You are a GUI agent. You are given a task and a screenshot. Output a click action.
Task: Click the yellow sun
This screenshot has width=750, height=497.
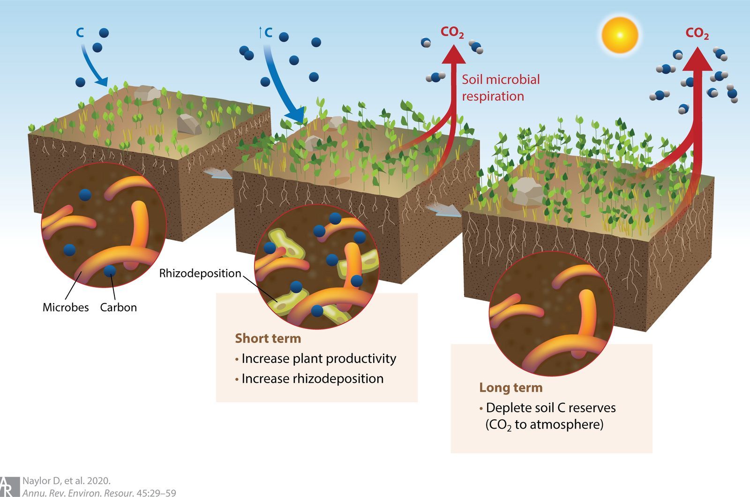tap(620, 35)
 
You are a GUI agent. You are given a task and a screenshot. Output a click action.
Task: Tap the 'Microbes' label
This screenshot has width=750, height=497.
tap(65, 307)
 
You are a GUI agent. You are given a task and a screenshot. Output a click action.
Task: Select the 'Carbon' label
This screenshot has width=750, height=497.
tap(118, 307)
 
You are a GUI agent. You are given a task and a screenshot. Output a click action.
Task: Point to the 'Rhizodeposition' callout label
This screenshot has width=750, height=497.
tap(200, 273)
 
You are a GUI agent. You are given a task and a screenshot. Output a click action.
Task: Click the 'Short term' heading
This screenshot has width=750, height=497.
tap(268, 338)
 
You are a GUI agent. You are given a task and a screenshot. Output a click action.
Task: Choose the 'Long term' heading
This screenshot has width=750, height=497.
tap(510, 387)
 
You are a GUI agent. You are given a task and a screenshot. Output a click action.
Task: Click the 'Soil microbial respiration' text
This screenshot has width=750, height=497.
tap(500, 88)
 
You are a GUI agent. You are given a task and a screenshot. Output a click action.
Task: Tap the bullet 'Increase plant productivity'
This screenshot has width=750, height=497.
tap(318, 358)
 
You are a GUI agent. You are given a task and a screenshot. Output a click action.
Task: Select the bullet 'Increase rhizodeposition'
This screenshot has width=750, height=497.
tap(312, 378)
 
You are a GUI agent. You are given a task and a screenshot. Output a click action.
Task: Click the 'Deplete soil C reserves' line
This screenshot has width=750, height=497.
tap(550, 408)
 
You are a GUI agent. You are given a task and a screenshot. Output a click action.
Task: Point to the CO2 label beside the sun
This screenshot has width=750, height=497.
tap(697, 33)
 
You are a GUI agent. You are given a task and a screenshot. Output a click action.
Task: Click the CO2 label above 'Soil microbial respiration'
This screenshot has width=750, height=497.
tap(452, 32)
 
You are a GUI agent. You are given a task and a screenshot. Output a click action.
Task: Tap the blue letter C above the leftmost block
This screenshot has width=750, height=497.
tap(80, 33)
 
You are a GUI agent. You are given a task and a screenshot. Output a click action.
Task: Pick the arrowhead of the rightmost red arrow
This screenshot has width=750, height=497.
tap(697, 60)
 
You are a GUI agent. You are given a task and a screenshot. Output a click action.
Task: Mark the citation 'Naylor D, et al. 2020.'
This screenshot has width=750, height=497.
tap(66, 481)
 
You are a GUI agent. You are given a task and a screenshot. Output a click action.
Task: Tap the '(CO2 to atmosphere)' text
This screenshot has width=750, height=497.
tap(544, 425)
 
